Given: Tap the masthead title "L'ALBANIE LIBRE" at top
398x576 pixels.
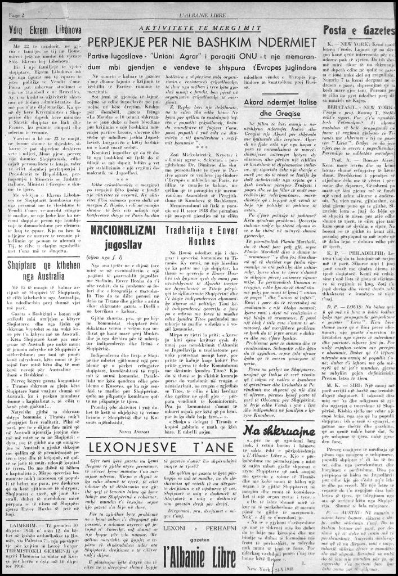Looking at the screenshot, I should click(x=199, y=5).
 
